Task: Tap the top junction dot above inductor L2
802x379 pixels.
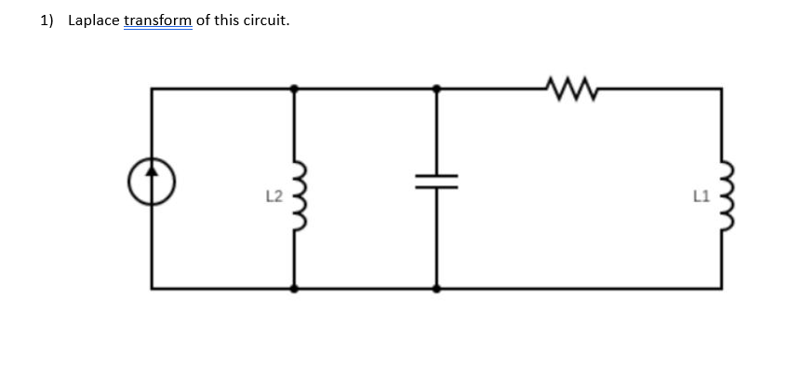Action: pyautogui.click(x=295, y=88)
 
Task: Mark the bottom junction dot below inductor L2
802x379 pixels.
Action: pyautogui.click(x=295, y=289)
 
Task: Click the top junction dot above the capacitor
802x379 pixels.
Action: pyautogui.click(x=437, y=88)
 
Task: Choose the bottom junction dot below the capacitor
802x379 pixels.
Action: pyautogui.click(x=437, y=289)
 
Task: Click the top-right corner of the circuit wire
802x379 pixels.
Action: pyautogui.click(x=721, y=88)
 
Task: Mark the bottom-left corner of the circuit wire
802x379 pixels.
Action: pyautogui.click(x=153, y=289)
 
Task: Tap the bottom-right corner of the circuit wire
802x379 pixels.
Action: pyautogui.click(x=721, y=289)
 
